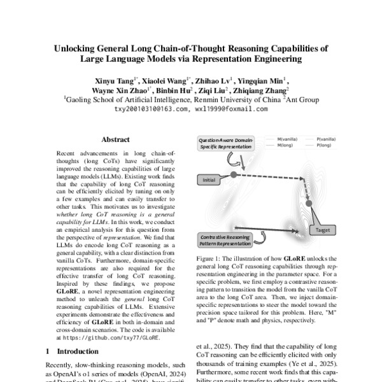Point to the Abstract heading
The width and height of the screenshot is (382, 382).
point(115,139)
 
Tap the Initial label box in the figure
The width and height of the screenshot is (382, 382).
point(210,180)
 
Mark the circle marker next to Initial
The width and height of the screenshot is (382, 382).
point(234,174)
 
